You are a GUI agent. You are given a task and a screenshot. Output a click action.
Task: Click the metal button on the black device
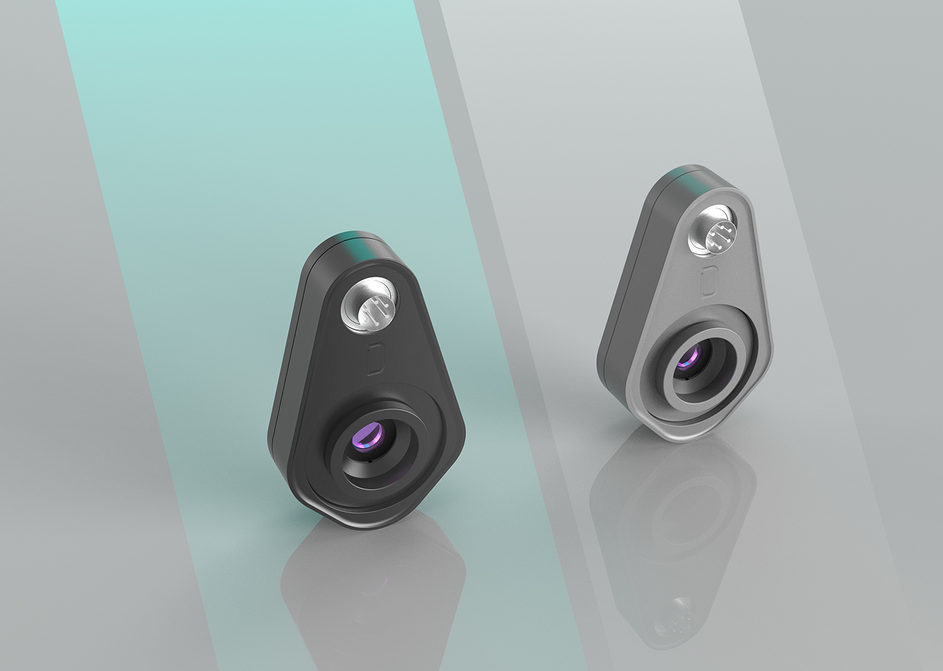tap(368, 309)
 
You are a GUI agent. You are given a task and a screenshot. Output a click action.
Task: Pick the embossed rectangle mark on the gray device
tap(708, 282)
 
